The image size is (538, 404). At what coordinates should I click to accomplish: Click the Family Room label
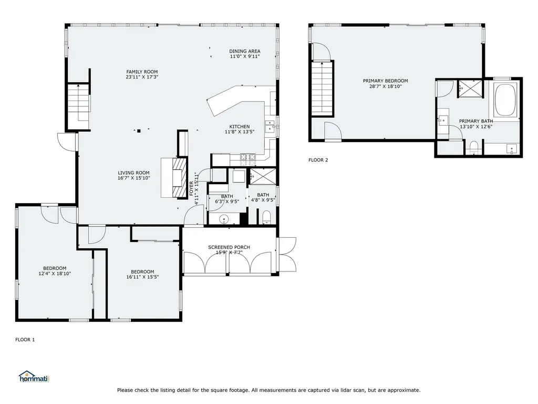(142, 72)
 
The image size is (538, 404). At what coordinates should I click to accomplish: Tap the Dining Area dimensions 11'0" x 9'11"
(245, 57)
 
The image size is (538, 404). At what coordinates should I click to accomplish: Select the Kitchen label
(239, 126)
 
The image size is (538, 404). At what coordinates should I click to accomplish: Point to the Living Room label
(133, 173)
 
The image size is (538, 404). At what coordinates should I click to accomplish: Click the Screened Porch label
(229, 247)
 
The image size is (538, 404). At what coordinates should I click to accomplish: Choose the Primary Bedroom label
(385, 81)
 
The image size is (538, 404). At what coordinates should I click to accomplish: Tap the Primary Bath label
(476, 120)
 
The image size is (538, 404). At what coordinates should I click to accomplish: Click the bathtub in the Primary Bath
(505, 100)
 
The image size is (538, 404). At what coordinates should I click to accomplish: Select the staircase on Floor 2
(322, 87)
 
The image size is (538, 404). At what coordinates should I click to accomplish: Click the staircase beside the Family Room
(78, 103)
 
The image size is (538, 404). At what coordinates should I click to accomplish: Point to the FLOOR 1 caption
(25, 340)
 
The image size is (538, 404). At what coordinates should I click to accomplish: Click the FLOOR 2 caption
(318, 160)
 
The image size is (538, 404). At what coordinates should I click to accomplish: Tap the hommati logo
(33, 377)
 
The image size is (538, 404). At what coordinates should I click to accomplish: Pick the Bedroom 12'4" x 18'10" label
(55, 268)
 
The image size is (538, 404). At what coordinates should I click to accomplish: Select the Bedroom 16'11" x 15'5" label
(142, 271)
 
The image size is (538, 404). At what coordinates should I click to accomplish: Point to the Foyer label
(191, 188)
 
